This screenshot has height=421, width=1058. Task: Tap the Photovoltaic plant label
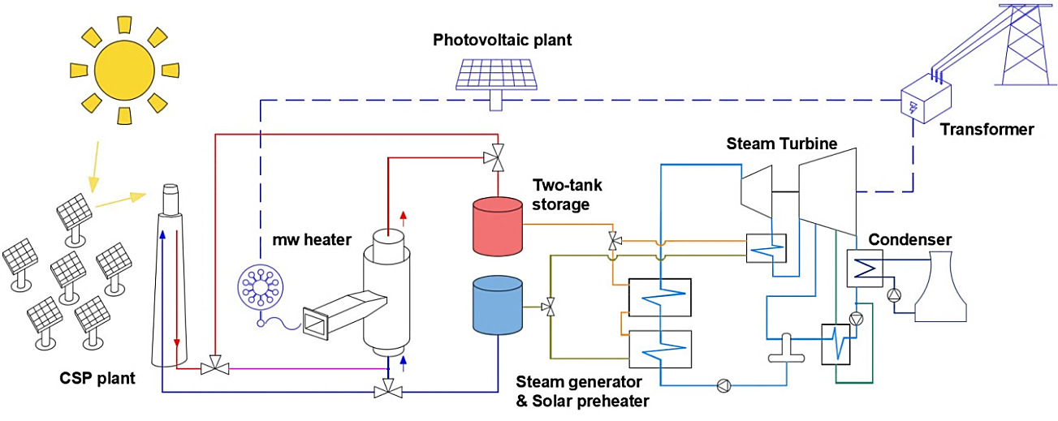503,40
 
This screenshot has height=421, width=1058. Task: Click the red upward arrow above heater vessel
404,217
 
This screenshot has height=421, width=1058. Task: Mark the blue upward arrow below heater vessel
404,361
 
